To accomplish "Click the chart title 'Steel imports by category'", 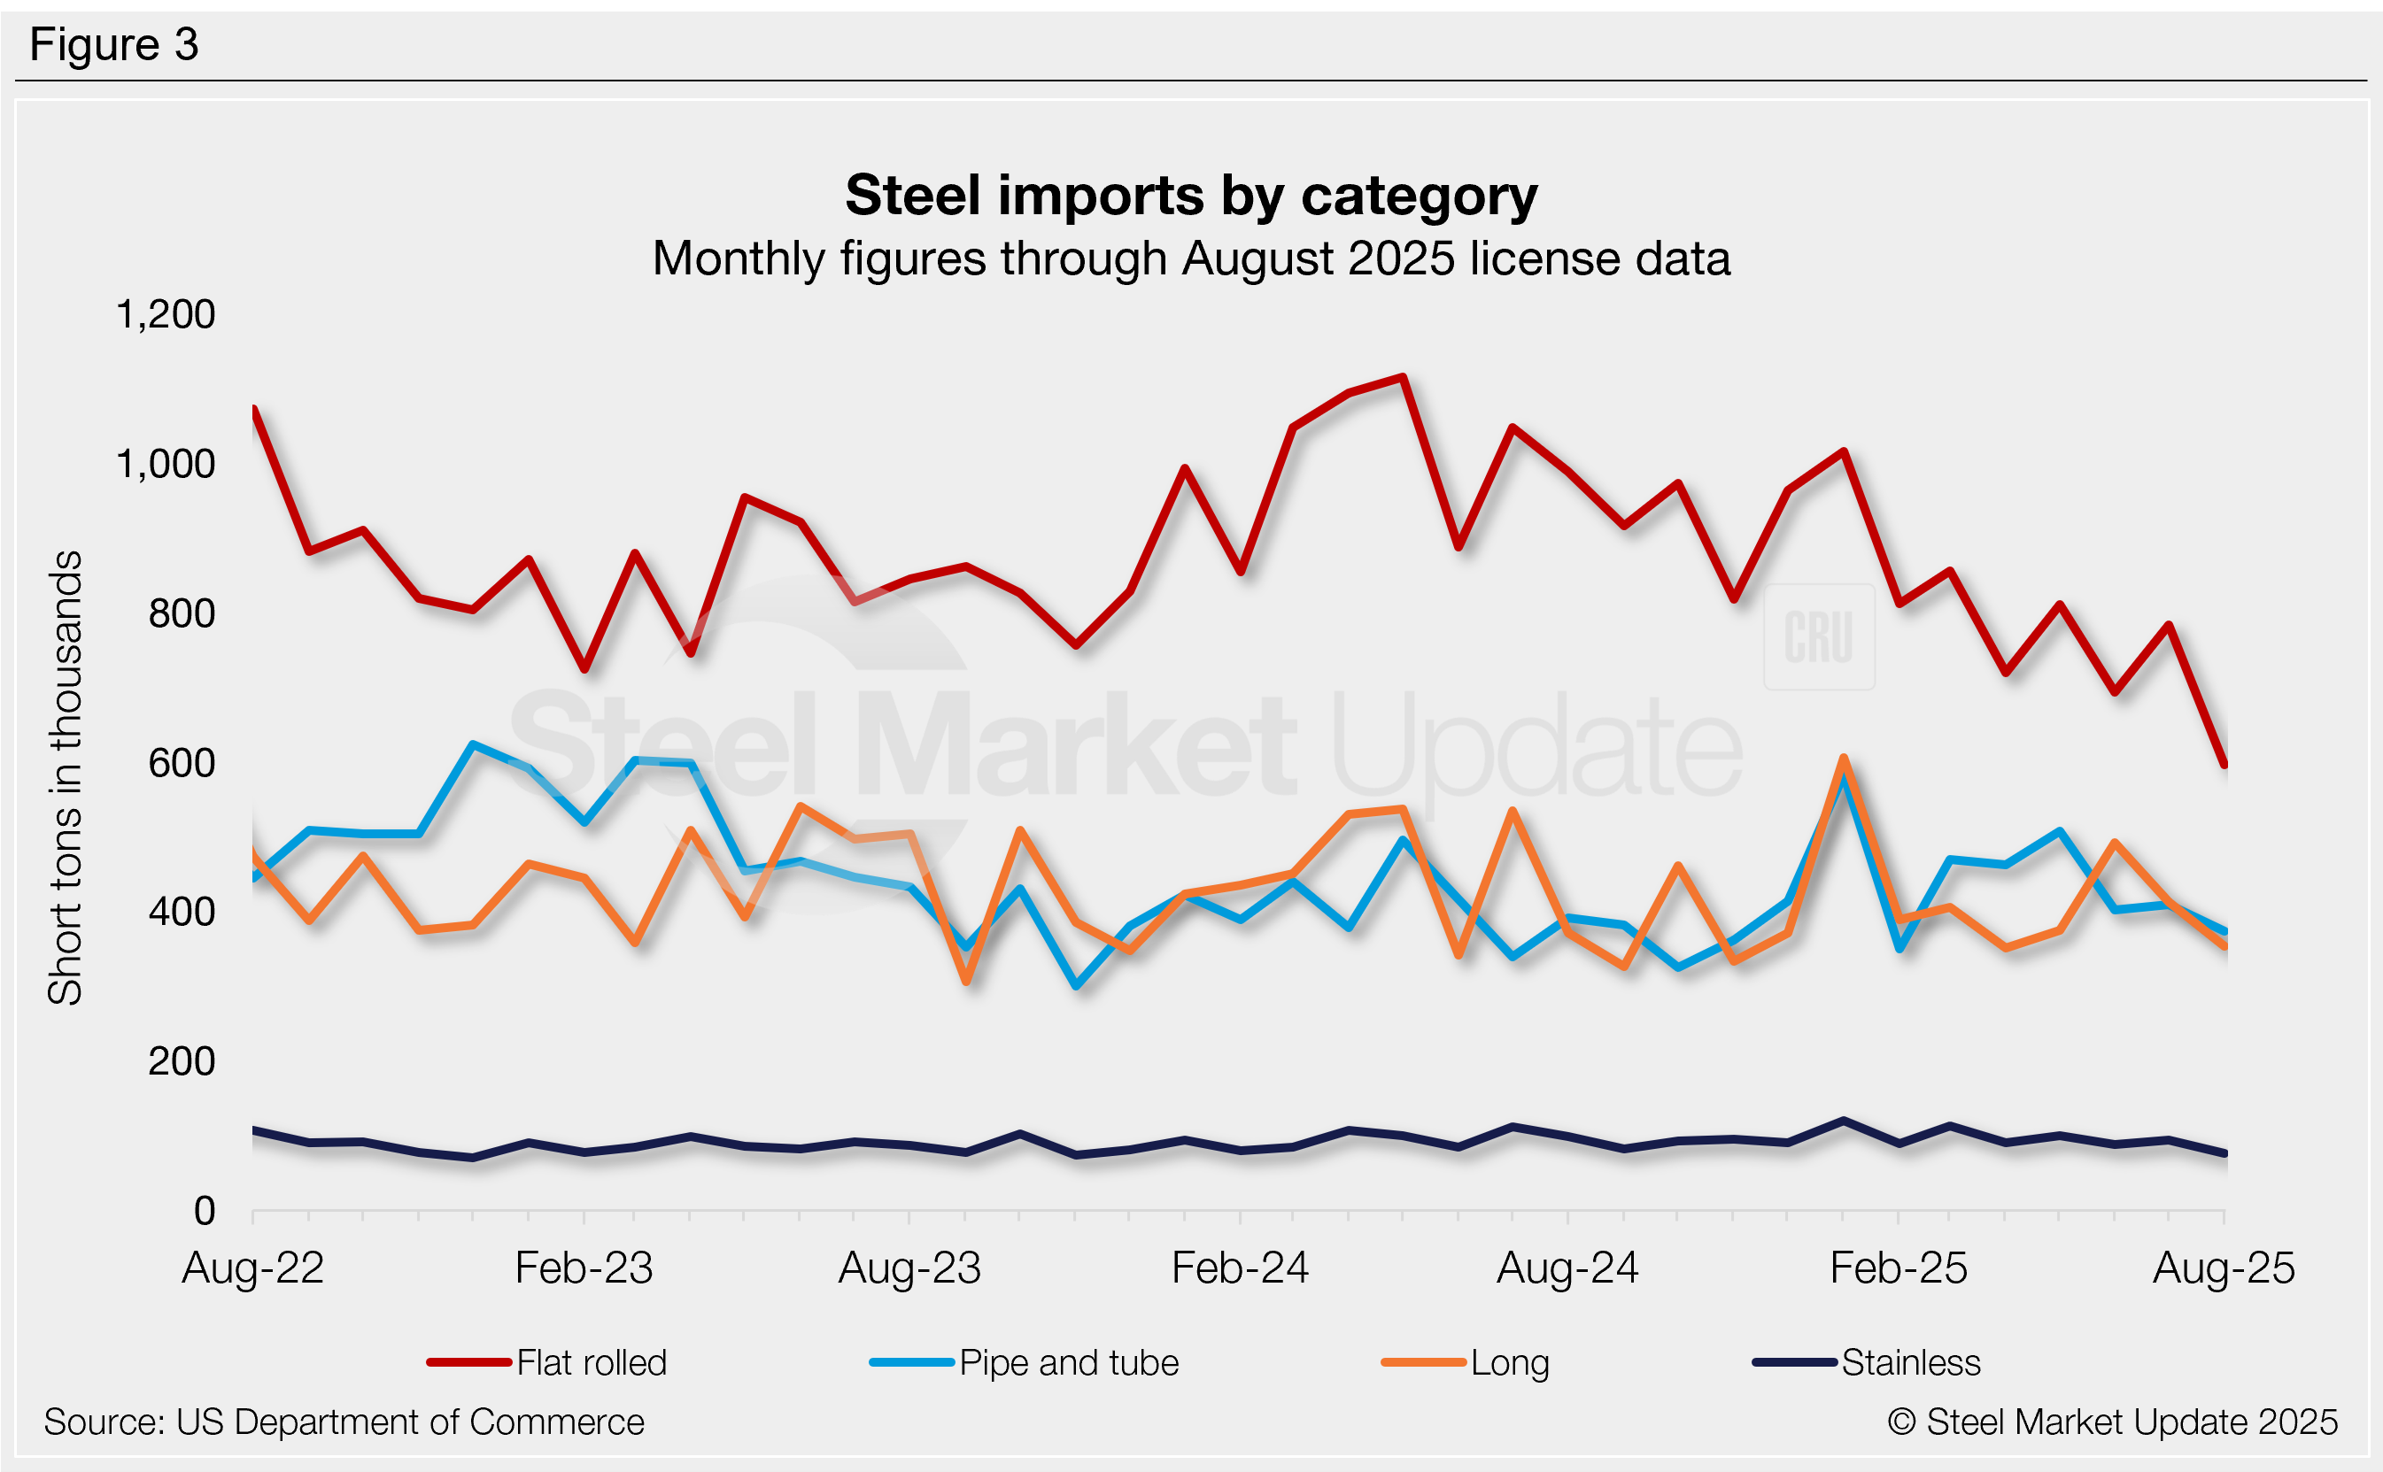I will [1191, 196].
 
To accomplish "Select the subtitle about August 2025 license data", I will [1191, 259].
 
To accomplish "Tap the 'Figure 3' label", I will [114, 45].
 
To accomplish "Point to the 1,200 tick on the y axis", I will [166, 314].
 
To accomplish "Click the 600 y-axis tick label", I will [182, 763].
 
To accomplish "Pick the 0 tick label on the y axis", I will [205, 1211].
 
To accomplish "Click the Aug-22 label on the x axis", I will [253, 1268].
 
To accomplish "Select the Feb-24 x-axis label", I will [1240, 1268].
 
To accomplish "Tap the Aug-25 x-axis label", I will [2224, 1268].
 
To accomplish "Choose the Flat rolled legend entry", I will [547, 1362].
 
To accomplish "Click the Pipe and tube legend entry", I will [1025, 1362].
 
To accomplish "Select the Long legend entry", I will [1466, 1362].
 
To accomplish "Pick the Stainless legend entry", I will [1867, 1362].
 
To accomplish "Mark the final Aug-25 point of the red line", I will [2224, 765].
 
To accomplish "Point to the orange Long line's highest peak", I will [1844, 759].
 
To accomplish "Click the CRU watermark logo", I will [1818, 637].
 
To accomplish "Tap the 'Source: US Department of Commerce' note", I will [344, 1422].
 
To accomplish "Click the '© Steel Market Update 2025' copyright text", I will [2112, 1422].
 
